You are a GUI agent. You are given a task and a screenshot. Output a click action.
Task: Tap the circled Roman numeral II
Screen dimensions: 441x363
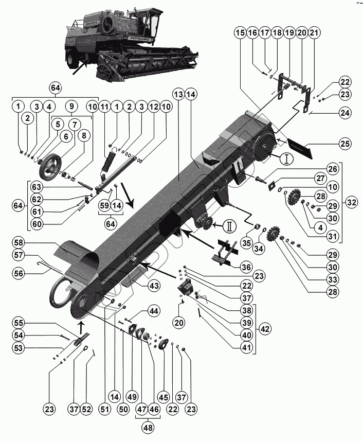pyautogui.click(x=229, y=224)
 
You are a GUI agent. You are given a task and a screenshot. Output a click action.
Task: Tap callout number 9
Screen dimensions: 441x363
pyautogui.click(x=71, y=107)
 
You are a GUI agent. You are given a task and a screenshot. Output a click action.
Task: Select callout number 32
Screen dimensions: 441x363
pyautogui.click(x=352, y=203)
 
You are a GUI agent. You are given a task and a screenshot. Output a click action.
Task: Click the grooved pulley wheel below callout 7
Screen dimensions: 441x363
pyautogui.click(x=50, y=165)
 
